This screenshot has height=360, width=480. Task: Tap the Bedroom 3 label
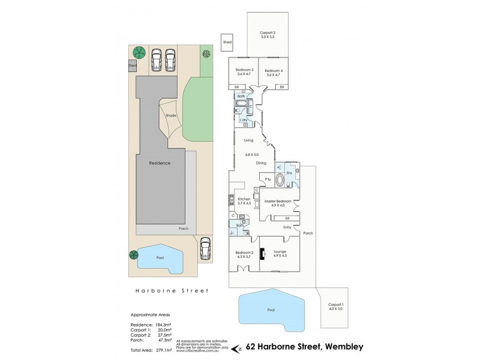click(x=244, y=71)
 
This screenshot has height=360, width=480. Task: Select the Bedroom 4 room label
click(x=273, y=71)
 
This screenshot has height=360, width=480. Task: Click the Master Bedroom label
click(x=278, y=201)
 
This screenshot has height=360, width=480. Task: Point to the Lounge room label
click(x=280, y=251)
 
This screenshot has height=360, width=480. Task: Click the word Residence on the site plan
click(x=160, y=163)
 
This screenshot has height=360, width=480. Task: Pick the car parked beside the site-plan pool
click(x=205, y=248)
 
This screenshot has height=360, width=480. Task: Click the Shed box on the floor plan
click(x=227, y=43)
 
